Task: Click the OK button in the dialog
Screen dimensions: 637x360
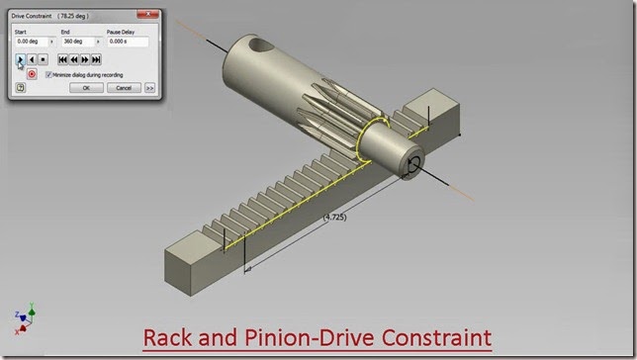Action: coord(86,87)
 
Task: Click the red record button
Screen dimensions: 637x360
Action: coord(32,73)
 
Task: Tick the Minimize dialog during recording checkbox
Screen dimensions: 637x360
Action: coord(49,74)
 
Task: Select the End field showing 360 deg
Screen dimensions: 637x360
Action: coord(78,42)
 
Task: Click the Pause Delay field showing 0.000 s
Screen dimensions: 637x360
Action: coord(127,42)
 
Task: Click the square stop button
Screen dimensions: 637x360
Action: coord(44,59)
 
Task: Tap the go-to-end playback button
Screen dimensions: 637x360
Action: coord(96,59)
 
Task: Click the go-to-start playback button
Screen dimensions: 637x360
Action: coord(62,59)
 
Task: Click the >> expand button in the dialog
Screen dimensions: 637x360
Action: coord(149,87)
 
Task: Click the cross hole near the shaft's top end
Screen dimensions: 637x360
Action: coord(261,45)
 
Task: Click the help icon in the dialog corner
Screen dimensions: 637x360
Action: coord(21,87)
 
